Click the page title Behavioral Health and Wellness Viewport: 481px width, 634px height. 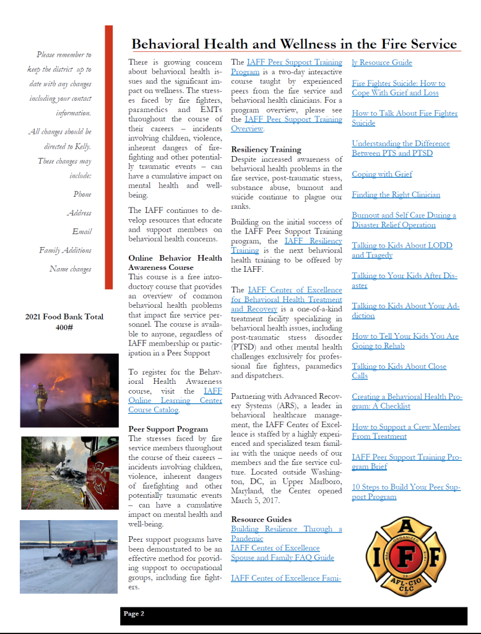(294, 44)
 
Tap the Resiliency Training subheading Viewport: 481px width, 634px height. (266, 149)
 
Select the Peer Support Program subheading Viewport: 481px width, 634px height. (168, 428)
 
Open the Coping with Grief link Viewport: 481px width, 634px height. (382, 174)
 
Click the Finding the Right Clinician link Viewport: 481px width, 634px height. (396, 194)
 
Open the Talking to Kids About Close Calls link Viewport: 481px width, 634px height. (399, 371)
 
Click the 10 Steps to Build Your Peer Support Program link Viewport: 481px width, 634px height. (405, 492)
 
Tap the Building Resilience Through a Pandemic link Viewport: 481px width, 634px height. (286, 534)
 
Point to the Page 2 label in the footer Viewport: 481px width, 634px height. (134, 614)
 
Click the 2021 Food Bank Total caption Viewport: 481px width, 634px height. (64, 321)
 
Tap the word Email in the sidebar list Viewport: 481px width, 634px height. (82, 232)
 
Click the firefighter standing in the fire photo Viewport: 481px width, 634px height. (41, 396)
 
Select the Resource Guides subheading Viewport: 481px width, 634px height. (261, 519)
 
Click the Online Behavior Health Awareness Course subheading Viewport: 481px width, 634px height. (175, 263)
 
